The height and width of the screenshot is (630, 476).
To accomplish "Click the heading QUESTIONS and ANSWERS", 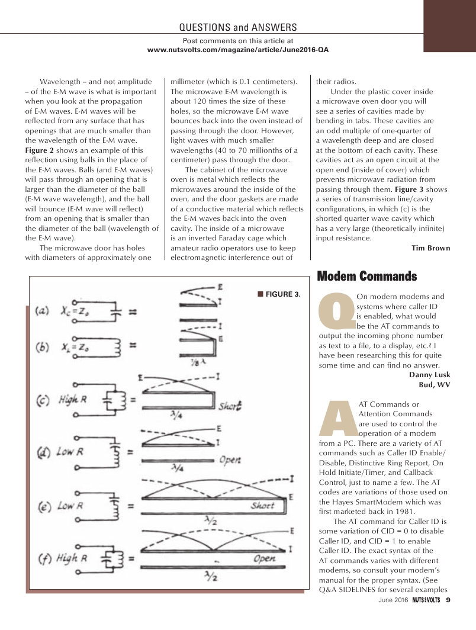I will click(x=237, y=27).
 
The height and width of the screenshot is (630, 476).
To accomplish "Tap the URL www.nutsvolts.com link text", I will click(x=237, y=50).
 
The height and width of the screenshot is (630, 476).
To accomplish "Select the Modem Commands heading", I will click(x=367, y=277).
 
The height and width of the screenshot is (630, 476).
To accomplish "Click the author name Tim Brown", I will click(x=430, y=248).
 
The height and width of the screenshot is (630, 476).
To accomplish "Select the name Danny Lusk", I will click(x=429, y=374).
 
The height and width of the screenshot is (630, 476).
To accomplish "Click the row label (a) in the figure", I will click(x=43, y=311).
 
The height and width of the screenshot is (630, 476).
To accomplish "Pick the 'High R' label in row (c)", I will click(x=73, y=401).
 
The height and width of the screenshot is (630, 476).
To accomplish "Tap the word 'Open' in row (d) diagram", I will click(x=230, y=459).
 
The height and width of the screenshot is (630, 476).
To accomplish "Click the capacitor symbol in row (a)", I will click(x=117, y=310).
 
